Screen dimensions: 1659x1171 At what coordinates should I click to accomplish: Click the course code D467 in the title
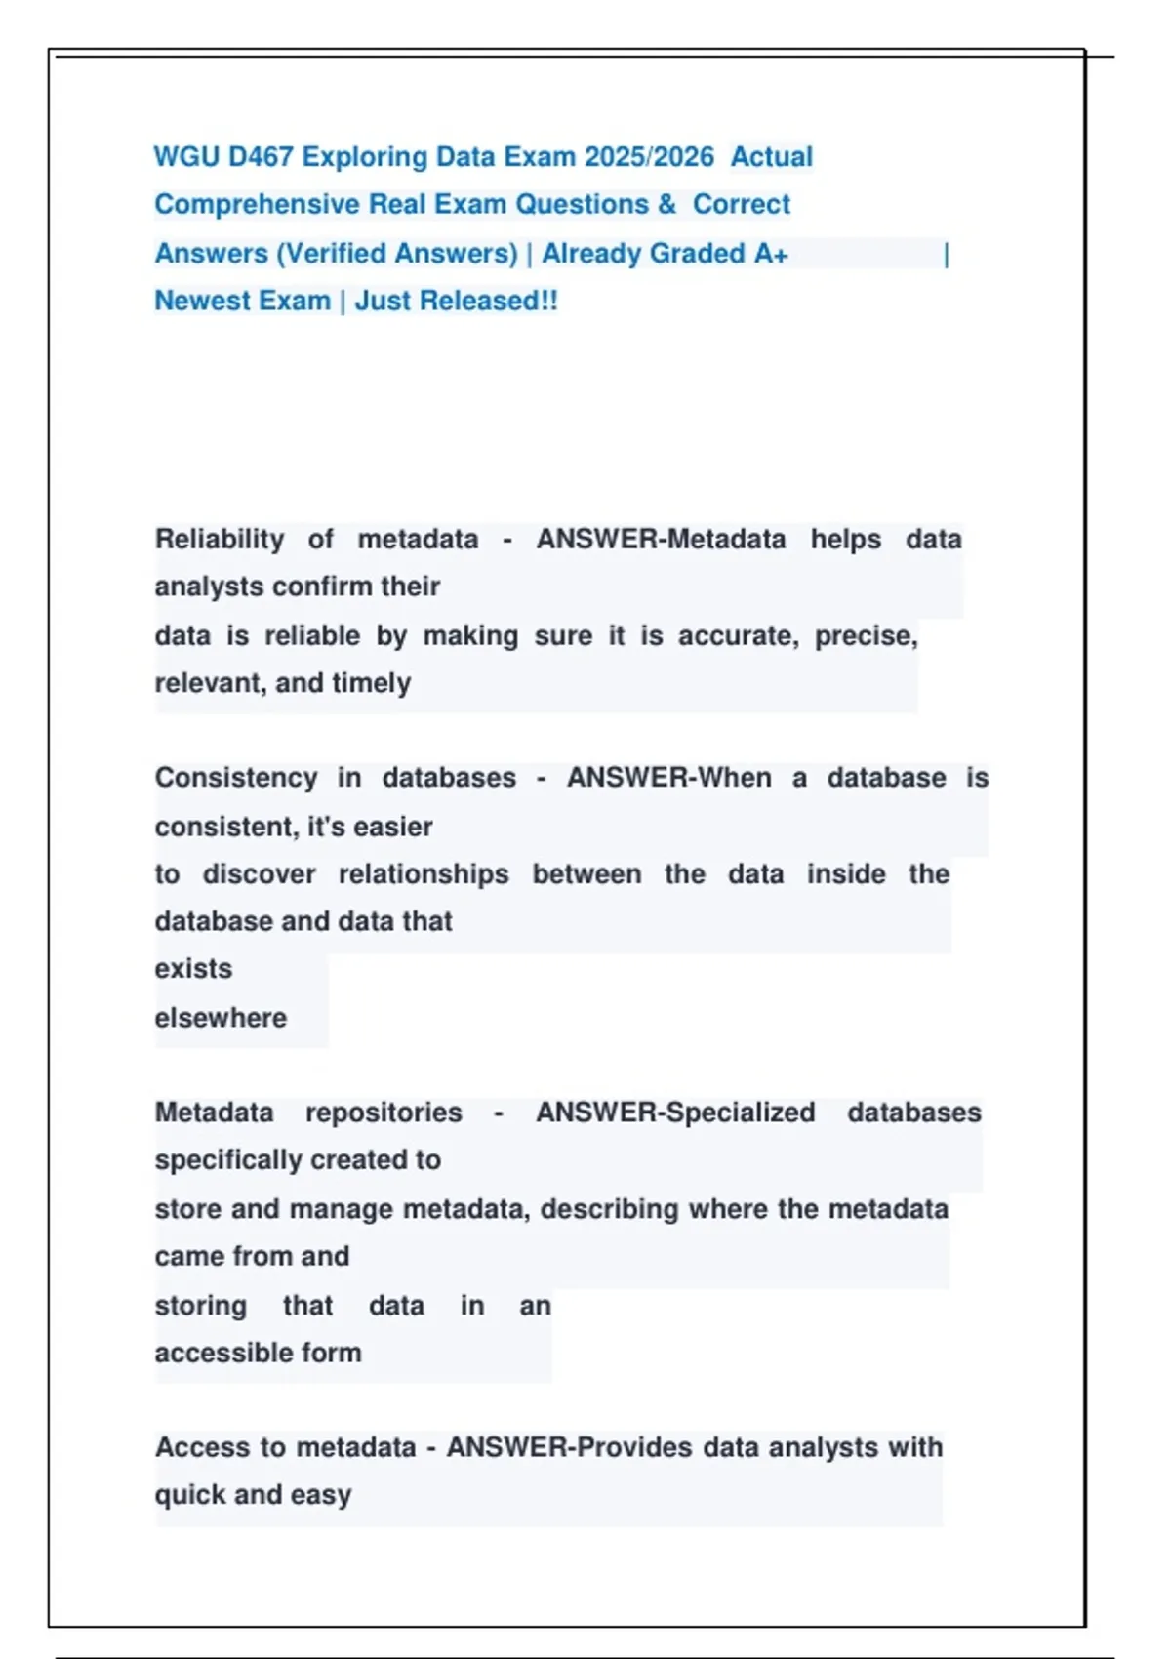(260, 157)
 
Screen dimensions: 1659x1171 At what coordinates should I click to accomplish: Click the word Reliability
(220, 540)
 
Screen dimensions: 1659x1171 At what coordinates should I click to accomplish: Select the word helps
(846, 540)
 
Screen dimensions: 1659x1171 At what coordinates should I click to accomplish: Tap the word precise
(866, 636)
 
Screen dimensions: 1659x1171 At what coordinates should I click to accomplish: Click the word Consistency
(236, 778)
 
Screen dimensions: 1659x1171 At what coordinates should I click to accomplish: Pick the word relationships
(424, 874)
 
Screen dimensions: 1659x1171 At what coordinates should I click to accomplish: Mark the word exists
(193, 969)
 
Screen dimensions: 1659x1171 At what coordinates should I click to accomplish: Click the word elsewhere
(221, 1018)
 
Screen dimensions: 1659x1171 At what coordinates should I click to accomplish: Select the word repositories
(384, 1113)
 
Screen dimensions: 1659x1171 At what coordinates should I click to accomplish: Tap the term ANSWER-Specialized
(675, 1113)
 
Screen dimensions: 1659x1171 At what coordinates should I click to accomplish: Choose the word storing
(200, 1306)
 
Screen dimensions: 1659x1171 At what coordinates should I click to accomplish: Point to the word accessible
(211, 1354)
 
